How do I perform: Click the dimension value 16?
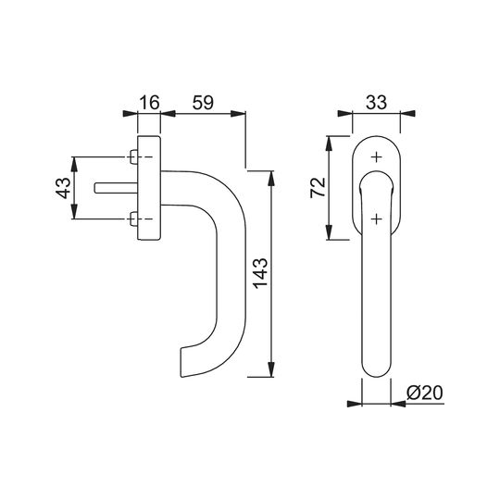149,103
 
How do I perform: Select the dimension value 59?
203,103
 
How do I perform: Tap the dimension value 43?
63,188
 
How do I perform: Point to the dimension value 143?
260,273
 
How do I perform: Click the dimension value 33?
376,103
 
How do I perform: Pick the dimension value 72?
318,187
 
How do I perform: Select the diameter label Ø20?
425,393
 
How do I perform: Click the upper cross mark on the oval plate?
377,157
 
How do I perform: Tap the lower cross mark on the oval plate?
377,219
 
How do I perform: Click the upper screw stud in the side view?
133,156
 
